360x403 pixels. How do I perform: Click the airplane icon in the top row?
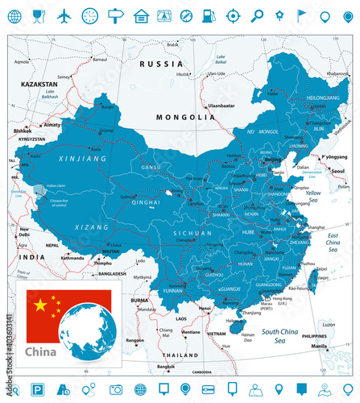[64, 15]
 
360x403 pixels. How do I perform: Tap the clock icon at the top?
[89, 15]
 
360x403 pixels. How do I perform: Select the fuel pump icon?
[209, 15]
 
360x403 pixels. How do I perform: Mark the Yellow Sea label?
[314, 196]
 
